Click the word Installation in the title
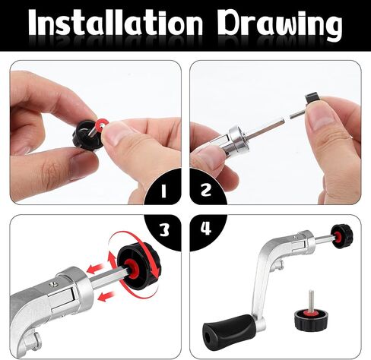[116, 23]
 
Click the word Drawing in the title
[280, 25]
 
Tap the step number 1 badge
[163, 191]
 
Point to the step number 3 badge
[164, 230]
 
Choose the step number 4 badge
[206, 229]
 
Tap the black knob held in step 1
[86, 135]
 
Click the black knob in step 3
[138, 264]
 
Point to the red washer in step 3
[132, 269]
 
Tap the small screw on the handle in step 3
[54, 284]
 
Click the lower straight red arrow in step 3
[106, 296]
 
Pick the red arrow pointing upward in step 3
[111, 261]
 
